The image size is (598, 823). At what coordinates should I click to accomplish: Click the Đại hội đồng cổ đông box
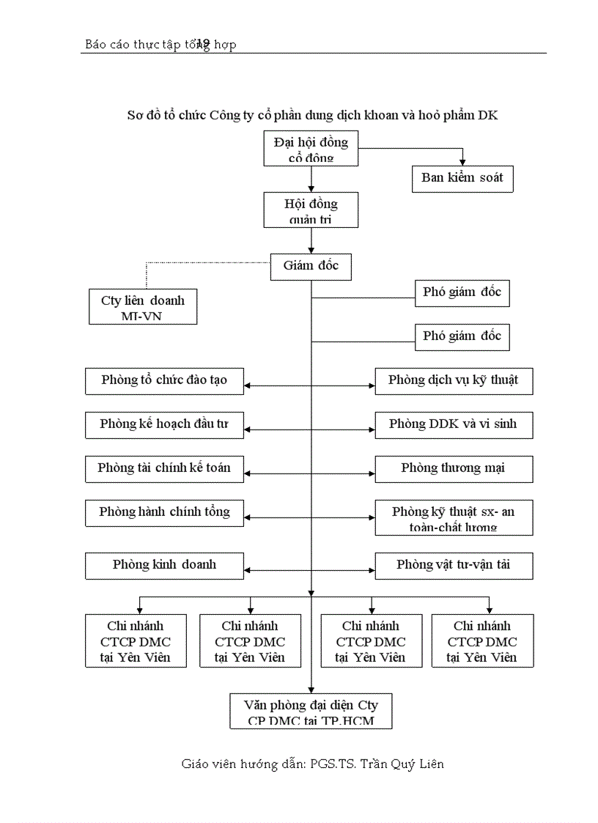pos(311,149)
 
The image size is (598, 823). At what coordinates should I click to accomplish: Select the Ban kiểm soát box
pos(462,178)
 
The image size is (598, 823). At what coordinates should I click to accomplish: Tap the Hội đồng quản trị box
pos(311,210)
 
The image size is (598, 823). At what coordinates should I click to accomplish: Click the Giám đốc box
pos(311,266)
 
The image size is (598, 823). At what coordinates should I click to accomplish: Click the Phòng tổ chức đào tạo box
pos(165,380)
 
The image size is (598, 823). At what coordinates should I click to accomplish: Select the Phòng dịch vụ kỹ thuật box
pos(454,380)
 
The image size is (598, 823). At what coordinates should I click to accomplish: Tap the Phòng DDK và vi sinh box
pos(454,424)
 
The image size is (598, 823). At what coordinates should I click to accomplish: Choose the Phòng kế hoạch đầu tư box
pos(165,424)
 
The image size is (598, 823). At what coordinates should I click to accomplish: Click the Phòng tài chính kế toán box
pos(165,468)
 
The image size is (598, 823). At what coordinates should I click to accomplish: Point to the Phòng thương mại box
pos(454,468)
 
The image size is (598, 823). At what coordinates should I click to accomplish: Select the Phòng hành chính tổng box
pos(165,512)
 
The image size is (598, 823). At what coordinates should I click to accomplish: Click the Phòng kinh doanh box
pos(165,565)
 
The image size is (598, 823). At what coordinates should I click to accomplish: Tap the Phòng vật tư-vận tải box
pos(454,565)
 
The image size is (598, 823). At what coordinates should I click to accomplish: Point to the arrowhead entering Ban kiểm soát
pos(462,161)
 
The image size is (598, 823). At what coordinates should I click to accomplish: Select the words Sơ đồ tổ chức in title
pos(166,115)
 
